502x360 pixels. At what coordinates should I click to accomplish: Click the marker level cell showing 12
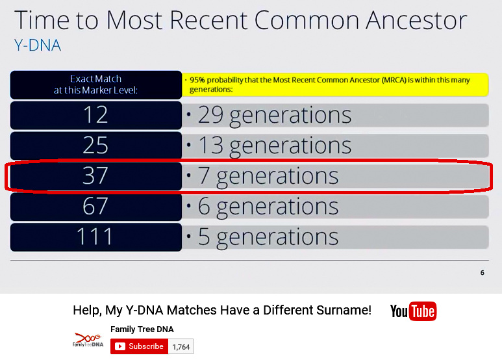click(x=95, y=115)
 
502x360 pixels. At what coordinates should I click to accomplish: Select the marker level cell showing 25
click(x=95, y=146)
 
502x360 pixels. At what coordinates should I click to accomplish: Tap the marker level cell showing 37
click(x=95, y=176)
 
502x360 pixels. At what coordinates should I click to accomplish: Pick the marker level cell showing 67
click(x=95, y=207)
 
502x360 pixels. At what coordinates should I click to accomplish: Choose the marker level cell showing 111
click(x=95, y=237)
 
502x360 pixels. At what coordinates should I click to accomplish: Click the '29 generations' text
click(x=275, y=115)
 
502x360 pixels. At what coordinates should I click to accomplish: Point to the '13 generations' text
click(x=275, y=146)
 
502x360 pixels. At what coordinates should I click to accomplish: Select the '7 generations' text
click(x=268, y=176)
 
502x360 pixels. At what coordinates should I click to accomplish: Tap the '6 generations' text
click(x=268, y=207)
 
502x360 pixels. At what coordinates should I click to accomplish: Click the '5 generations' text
click(x=268, y=237)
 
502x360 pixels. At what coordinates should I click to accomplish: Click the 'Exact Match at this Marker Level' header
click(x=95, y=84)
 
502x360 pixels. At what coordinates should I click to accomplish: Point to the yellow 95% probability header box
click(x=335, y=84)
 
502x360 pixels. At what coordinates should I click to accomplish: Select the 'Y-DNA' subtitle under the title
click(x=37, y=46)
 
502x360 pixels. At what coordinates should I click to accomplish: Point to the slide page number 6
click(x=482, y=273)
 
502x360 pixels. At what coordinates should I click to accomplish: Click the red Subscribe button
click(x=140, y=346)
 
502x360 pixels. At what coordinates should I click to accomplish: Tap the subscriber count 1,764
click(x=181, y=346)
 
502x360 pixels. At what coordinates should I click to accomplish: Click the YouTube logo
click(x=413, y=311)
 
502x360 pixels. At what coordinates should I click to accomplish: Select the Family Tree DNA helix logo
click(x=87, y=340)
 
